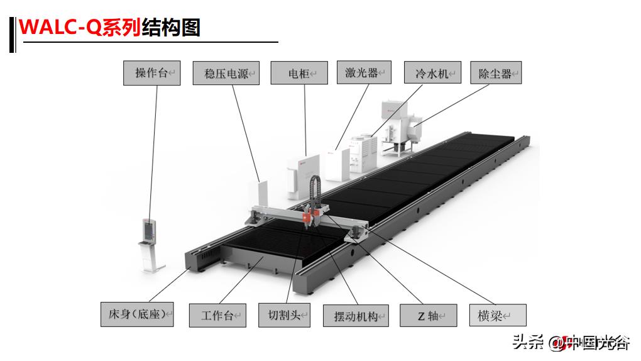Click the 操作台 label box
pyautogui.click(x=151, y=73)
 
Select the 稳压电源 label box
pyautogui.click(x=226, y=73)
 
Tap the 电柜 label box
pyautogui.click(x=299, y=73)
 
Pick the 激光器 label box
pyautogui.click(x=364, y=72)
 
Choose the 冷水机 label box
pyautogui.click(x=432, y=73)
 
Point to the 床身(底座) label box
pyautogui.click(x=136, y=314)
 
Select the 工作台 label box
pyautogui.click(x=217, y=315)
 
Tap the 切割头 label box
pyautogui.click(x=284, y=315)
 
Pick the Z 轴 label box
pyautogui.click(x=427, y=315)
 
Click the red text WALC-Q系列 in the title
pyautogui.click(x=79, y=28)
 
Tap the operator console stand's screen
pyautogui.click(x=150, y=230)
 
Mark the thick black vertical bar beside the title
pyautogui.click(x=12, y=35)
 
